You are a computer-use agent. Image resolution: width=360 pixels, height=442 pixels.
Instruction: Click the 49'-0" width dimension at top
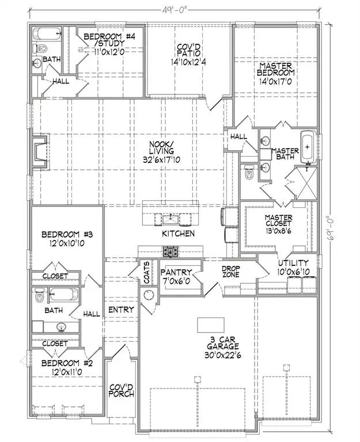(x=174, y=9)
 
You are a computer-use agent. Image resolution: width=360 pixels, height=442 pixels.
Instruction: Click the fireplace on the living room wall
(x=40, y=151)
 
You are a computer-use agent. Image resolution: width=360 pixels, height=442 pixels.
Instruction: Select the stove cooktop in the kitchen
(x=170, y=251)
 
